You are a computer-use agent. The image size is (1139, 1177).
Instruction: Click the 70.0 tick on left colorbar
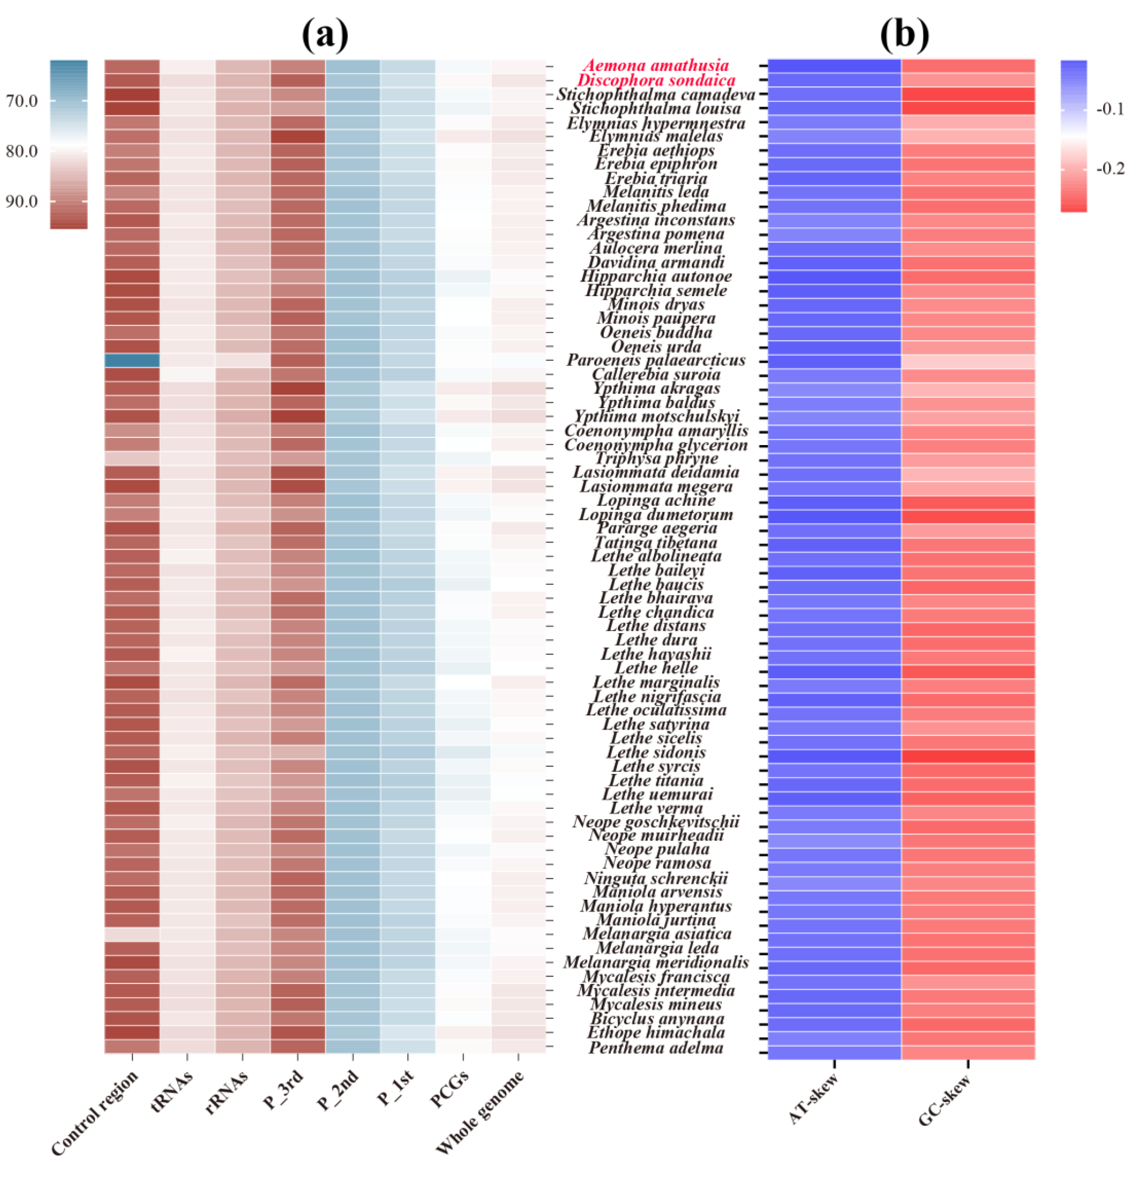22,101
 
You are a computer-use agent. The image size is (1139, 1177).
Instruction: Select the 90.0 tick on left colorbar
22,201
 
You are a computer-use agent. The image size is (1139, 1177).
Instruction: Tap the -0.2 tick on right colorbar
1110,169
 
